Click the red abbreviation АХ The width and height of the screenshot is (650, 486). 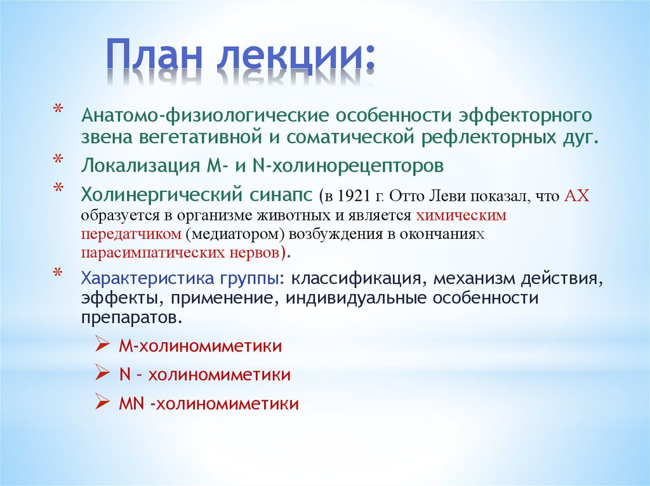(x=576, y=195)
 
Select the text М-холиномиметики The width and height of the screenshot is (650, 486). (x=200, y=347)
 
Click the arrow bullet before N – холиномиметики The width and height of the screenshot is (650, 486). (x=102, y=374)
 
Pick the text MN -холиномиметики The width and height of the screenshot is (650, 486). (x=208, y=404)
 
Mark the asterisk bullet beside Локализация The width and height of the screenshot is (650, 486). (x=58, y=160)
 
